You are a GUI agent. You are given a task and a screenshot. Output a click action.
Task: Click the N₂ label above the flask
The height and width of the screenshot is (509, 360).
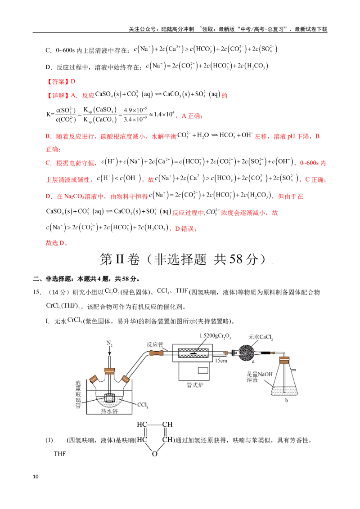[x=109, y=344]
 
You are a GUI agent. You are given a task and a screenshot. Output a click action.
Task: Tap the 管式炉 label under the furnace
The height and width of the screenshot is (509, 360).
[x=194, y=385]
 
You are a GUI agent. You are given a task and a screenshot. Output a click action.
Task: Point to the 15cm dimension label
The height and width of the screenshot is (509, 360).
[x=221, y=360]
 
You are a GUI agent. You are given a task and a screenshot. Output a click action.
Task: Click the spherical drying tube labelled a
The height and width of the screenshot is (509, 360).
[x=248, y=353]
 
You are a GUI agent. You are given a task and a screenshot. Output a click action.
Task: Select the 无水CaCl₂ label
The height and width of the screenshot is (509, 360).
[x=261, y=337]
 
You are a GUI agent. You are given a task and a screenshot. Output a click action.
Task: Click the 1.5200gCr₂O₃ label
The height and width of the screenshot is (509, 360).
[x=215, y=335]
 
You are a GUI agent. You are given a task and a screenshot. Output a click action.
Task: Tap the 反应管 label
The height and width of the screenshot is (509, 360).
[x=155, y=344]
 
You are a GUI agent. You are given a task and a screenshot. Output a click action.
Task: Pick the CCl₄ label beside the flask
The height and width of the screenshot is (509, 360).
[x=143, y=405]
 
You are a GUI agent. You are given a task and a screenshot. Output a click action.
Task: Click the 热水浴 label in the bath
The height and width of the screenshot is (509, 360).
[x=109, y=411]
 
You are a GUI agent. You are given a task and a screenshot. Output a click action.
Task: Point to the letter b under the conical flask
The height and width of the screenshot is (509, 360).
[x=287, y=400]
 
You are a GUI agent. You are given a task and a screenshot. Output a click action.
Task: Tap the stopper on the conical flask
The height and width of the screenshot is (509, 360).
[x=284, y=360]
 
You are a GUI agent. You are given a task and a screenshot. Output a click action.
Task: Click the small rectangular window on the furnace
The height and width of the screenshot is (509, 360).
[x=203, y=370]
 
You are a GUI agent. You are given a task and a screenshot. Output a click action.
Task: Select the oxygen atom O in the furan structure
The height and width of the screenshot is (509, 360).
[x=155, y=454]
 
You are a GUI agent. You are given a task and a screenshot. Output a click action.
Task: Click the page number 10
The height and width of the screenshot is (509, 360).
[x=36, y=477]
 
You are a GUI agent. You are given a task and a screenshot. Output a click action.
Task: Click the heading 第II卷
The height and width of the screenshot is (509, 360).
[x=120, y=259]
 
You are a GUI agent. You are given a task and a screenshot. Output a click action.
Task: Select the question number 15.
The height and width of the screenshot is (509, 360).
[x=37, y=292]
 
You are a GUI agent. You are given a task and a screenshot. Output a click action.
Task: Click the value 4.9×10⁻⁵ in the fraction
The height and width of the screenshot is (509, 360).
[x=135, y=110]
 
